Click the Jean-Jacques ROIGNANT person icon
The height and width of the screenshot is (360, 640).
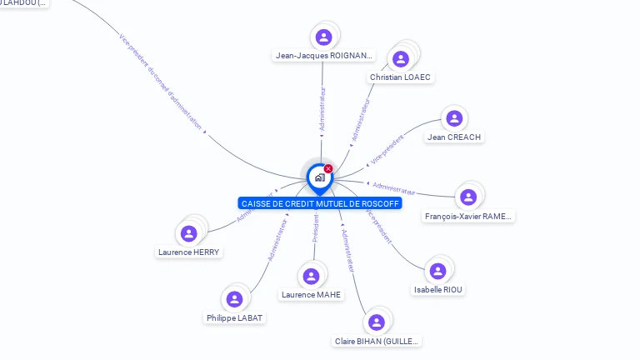323,37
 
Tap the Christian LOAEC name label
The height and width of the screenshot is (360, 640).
402,77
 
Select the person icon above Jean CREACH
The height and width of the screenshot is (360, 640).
453,119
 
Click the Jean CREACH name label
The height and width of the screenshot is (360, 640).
454,137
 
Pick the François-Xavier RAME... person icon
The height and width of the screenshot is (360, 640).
467,197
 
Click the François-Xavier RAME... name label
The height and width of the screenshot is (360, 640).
468,217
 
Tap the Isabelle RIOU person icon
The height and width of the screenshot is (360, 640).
437,271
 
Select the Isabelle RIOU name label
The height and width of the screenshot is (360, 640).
439,290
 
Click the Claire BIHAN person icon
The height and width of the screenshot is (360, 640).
376,322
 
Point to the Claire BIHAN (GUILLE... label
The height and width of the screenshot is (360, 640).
377,342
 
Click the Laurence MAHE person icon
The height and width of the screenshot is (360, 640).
311,276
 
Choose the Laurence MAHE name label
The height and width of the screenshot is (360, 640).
312,295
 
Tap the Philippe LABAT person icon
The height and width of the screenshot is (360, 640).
234,299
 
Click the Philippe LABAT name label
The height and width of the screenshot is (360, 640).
234,318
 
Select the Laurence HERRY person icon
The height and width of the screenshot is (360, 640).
189,233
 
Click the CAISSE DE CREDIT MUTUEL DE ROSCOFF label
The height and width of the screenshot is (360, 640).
320,203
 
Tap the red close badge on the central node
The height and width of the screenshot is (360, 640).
328,169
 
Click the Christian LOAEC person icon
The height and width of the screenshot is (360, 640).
401,58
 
